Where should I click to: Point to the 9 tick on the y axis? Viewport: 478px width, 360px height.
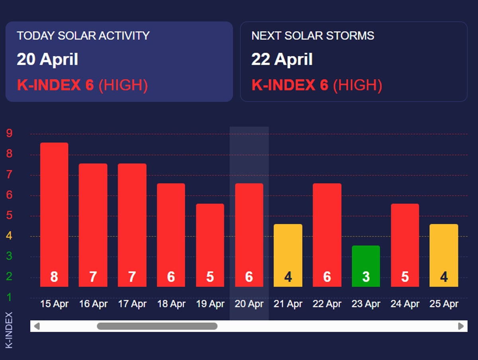click(x=9, y=133)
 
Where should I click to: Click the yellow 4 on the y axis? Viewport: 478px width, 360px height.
click(x=9, y=236)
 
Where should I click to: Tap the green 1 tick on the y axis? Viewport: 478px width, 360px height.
click(x=9, y=297)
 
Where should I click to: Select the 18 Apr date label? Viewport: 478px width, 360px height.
click(x=171, y=304)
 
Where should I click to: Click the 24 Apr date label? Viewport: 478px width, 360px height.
click(x=405, y=304)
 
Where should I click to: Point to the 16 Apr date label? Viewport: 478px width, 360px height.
click(x=93, y=304)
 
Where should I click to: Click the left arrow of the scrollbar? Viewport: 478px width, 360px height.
click(x=37, y=327)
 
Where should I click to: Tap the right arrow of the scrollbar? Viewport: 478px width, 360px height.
click(x=461, y=327)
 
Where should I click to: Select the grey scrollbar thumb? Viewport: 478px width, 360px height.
click(x=157, y=327)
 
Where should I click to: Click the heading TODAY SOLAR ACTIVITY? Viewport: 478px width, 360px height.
click(x=83, y=36)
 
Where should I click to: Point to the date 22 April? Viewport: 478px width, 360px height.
click(x=282, y=60)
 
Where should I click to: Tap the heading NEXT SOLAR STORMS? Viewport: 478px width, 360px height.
click(x=313, y=36)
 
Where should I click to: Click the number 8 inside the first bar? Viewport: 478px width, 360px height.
click(x=54, y=277)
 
